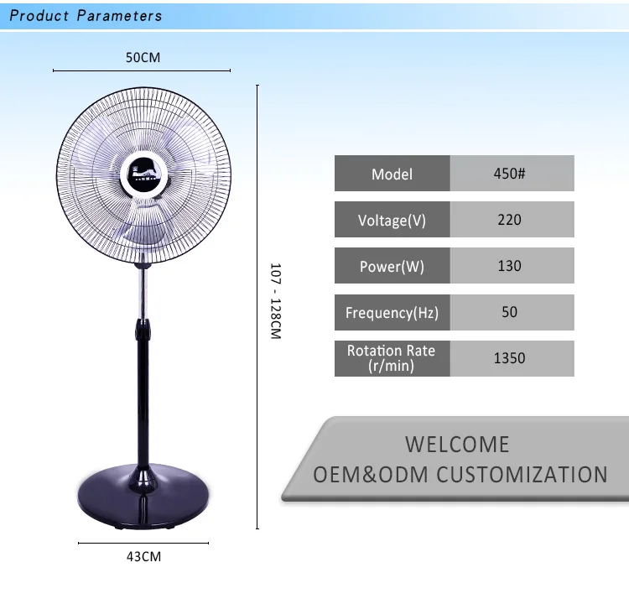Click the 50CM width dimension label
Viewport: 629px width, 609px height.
143,58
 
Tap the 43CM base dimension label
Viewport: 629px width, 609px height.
144,555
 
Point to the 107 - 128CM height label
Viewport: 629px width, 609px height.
275,301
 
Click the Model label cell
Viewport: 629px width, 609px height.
392,174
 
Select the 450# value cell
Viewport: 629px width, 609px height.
512,174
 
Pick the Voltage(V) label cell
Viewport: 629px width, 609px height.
392,220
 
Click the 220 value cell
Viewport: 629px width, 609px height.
512,220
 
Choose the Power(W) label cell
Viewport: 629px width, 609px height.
392,266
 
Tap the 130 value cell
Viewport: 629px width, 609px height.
512,266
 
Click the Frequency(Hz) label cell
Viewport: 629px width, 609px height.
392,312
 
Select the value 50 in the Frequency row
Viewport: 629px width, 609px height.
512,312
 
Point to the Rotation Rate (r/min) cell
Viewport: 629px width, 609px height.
392,358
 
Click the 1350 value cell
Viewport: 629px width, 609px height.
512,358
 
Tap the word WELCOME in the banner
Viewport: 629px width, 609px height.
457,444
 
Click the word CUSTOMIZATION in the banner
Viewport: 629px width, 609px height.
522,474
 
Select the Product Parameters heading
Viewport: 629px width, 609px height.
86,16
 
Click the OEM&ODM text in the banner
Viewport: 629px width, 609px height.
372,474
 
